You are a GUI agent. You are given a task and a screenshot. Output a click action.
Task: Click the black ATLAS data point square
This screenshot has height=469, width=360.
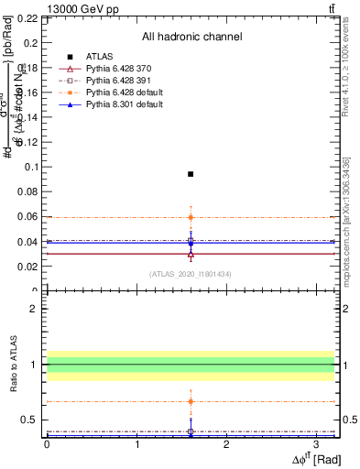point(191,173)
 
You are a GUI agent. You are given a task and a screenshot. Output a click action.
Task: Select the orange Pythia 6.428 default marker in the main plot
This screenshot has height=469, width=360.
point(191,217)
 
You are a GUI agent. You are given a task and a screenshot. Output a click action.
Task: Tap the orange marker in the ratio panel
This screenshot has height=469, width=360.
point(191,401)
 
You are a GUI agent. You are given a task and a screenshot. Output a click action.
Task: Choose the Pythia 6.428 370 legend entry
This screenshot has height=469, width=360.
point(115,69)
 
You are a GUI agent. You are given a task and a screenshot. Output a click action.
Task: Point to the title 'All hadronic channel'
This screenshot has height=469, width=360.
point(191,37)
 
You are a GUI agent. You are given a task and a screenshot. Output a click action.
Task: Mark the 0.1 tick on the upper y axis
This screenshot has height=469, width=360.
point(30,167)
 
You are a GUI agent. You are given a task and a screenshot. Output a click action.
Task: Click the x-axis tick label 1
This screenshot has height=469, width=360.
point(136,444)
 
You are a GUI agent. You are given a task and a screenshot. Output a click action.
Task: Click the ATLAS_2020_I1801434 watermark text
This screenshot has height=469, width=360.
point(191,274)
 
